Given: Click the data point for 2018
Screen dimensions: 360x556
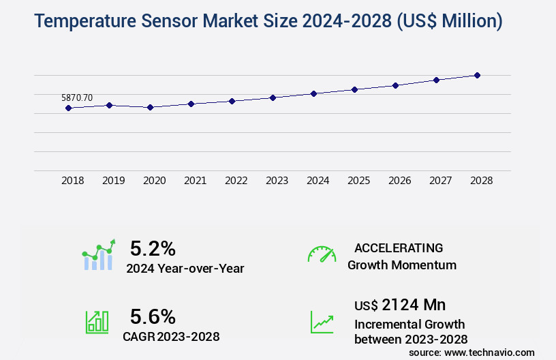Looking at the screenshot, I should click(68, 108).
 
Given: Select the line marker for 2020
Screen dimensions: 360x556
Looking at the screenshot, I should click(150, 107).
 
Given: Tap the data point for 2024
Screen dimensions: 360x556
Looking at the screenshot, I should click(313, 93).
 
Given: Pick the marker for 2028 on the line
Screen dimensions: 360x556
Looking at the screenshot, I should click(477, 75).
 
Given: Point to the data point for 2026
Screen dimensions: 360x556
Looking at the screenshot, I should click(395, 85).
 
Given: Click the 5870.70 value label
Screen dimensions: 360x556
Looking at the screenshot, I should click(77, 98).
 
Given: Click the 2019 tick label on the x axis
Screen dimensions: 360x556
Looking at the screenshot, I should click(113, 181).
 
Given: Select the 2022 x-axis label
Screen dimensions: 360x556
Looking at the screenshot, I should click(236, 181).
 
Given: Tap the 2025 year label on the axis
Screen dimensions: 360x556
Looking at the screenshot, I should click(358, 181).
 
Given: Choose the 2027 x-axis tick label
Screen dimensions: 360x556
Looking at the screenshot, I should click(440, 181).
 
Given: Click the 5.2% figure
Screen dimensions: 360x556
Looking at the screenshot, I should click(153, 247).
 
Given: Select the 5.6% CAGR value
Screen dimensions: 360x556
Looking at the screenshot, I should click(153, 316).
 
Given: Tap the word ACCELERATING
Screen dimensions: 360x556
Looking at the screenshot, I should click(399, 248).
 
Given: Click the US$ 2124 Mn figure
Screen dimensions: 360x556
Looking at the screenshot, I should click(400, 304).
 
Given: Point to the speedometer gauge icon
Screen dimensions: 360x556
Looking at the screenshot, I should click(322, 254).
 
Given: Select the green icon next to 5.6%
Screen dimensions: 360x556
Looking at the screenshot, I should click(97, 322).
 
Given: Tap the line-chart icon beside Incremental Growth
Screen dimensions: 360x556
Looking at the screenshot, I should click(322, 322).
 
